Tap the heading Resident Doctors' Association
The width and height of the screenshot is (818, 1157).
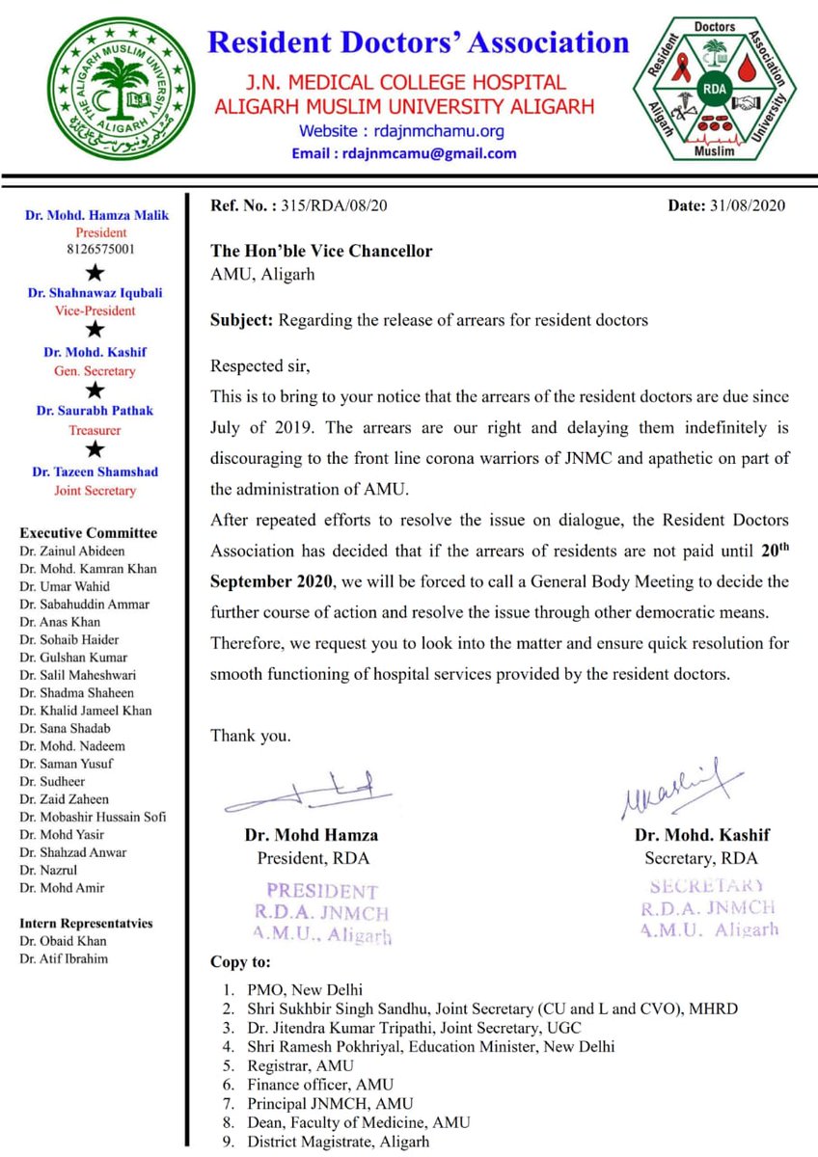tap(419, 43)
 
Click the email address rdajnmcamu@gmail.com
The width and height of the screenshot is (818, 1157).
tap(418, 153)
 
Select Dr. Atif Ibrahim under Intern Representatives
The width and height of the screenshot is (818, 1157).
tap(64, 958)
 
